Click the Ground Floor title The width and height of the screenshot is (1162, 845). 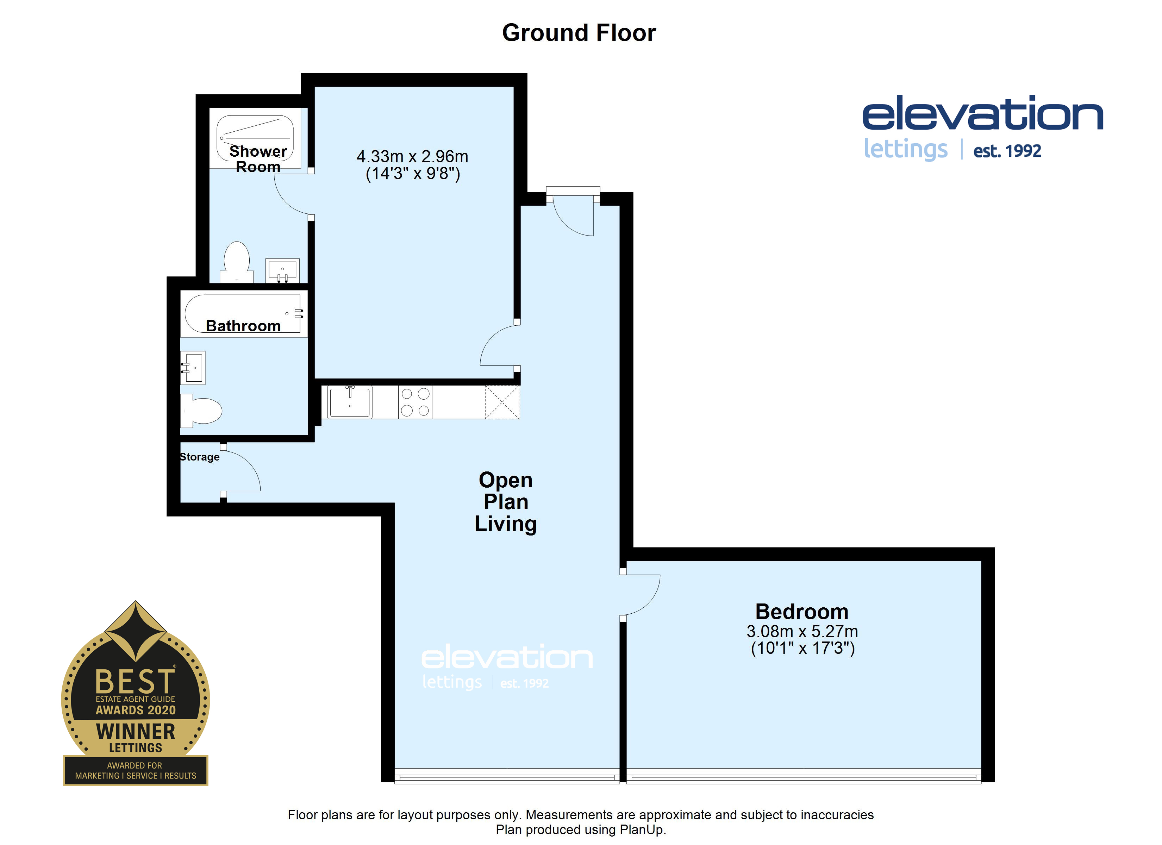click(579, 33)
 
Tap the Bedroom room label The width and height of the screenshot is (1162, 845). click(802, 611)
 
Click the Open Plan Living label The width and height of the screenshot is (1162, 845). click(506, 502)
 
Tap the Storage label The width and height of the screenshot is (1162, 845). click(199, 457)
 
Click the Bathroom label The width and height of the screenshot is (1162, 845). click(243, 326)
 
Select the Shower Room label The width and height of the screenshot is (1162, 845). click(258, 159)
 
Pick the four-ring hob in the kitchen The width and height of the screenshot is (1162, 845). click(415, 402)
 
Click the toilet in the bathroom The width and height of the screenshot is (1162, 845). click(201, 411)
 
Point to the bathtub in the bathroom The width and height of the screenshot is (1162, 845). click(243, 314)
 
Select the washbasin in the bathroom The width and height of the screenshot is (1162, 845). click(193, 368)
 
